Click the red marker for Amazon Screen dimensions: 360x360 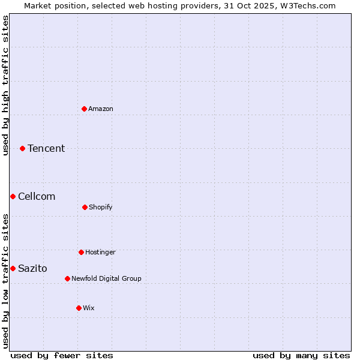point(85,109)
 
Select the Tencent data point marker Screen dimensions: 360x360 point(23,148)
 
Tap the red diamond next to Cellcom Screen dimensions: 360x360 point(13,196)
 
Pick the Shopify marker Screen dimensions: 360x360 point(85,207)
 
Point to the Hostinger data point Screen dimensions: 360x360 point(81,252)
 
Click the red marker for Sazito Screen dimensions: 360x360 point(13,268)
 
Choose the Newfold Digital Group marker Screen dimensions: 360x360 point(67,278)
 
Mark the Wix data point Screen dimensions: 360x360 point(79,308)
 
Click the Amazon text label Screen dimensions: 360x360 point(101,109)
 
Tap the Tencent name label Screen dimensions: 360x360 point(46,148)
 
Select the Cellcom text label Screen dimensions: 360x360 point(37,196)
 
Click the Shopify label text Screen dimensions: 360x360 point(101,207)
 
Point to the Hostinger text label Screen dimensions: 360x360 point(100,252)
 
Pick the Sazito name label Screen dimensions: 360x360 point(32,268)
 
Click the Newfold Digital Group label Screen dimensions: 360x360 point(106,278)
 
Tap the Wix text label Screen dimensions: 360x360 point(89,308)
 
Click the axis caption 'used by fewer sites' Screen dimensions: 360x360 point(62,355)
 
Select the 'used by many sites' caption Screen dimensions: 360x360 point(301,355)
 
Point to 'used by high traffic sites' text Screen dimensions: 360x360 point(5,85)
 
